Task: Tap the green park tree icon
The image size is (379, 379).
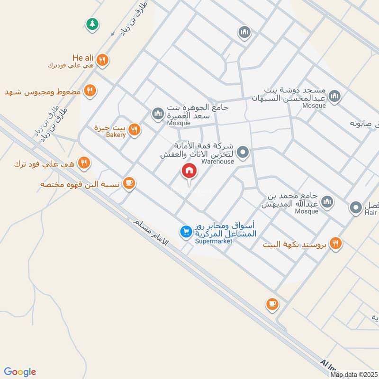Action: click(92, 23)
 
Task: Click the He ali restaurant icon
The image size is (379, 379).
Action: click(103, 60)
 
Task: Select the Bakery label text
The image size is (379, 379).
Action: click(116, 135)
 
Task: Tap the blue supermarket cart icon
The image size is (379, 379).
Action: click(185, 232)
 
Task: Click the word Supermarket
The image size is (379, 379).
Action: click(214, 241)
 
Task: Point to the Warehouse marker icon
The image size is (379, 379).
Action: click(243, 153)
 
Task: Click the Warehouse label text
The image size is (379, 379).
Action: click(218, 162)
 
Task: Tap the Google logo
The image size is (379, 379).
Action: click(20, 372)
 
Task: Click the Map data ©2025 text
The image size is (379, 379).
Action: click(353, 375)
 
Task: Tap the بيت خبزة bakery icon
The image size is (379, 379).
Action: click(135, 129)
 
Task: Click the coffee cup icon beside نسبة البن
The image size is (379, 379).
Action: click(128, 183)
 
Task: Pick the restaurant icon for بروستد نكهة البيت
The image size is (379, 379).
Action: click(336, 244)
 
